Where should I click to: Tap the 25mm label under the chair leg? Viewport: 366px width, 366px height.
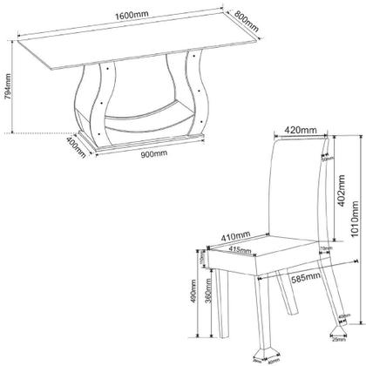336,354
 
